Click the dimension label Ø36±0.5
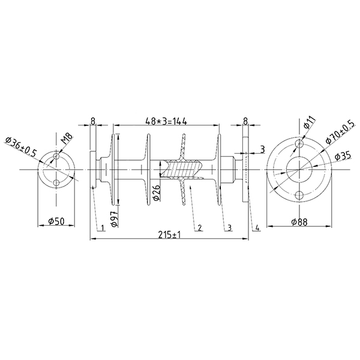coord(22,147)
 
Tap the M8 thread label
coord(67,139)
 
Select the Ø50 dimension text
coord(56,221)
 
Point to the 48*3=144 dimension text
coord(166,121)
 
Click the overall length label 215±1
coord(169,235)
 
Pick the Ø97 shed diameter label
coord(115,219)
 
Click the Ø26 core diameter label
coord(157,193)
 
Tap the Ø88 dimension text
coord(299,222)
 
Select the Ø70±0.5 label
coord(341,132)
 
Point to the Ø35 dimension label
coord(343,156)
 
